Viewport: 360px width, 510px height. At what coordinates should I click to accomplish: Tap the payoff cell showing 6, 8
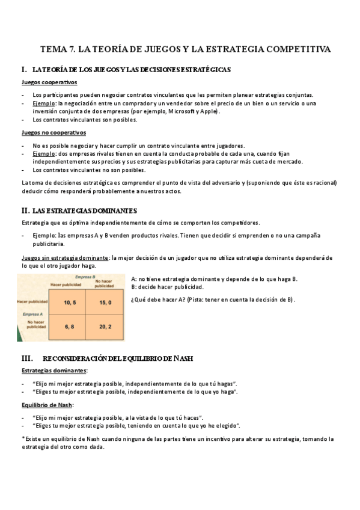click(x=69, y=326)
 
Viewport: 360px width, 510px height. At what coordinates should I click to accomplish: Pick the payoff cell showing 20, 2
click(x=106, y=326)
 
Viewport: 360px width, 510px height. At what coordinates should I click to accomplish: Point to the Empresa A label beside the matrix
click(x=32, y=315)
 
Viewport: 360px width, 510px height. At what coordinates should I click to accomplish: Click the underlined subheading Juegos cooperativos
click(x=49, y=82)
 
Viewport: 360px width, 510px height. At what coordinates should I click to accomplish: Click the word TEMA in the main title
click(x=53, y=49)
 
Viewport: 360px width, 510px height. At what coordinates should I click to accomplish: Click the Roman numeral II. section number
click(x=25, y=210)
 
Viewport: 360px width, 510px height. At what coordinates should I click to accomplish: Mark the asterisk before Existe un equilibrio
click(x=23, y=439)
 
